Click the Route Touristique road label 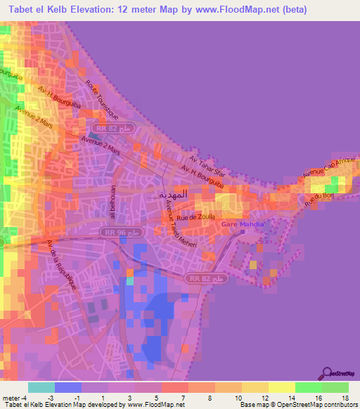click(101, 100)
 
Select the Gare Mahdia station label click(243, 224)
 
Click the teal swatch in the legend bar click(41, 387)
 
